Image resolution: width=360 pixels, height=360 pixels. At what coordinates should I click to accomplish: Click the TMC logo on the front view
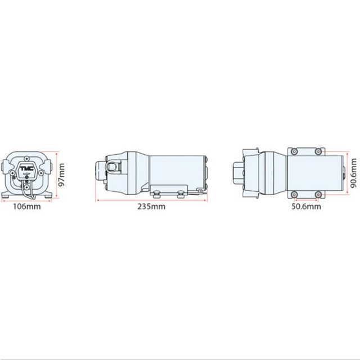(26, 169)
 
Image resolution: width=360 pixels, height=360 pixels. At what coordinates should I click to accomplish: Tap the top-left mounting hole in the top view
(293, 152)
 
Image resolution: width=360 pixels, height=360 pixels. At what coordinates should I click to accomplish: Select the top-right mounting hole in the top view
(318, 152)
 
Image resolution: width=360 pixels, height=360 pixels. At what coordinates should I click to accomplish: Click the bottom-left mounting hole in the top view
(293, 194)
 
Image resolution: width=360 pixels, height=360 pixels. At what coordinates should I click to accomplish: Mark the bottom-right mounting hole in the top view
(318, 194)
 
